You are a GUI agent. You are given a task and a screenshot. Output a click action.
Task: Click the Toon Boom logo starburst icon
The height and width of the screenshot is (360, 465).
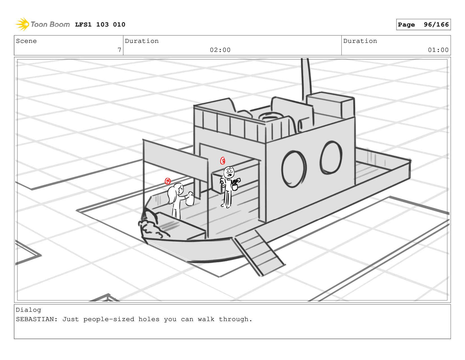click(x=22, y=25)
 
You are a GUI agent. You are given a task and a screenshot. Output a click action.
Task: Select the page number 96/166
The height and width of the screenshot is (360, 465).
click(x=436, y=25)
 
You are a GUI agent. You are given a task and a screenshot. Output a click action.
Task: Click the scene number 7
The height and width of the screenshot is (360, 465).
click(x=119, y=50)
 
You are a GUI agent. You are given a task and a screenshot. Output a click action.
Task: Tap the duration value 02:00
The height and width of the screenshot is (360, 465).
click(x=220, y=50)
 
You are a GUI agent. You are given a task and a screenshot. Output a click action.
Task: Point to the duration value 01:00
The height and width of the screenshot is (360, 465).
click(x=438, y=50)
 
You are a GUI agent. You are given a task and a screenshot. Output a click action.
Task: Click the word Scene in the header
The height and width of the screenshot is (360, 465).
click(x=26, y=41)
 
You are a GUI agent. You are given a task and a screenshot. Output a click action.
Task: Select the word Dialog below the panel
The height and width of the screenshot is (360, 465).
click(x=28, y=310)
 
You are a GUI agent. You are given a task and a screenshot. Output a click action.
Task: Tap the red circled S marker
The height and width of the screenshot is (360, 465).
click(x=223, y=161)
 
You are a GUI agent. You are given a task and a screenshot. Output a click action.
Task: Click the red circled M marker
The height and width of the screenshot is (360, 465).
click(x=168, y=181)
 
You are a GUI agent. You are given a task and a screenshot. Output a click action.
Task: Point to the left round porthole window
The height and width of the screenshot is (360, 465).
click(x=293, y=169)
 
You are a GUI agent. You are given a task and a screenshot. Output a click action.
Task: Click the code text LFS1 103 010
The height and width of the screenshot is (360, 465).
click(x=100, y=25)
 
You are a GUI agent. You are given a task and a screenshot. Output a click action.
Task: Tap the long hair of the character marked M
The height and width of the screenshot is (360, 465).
click(x=172, y=195)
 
